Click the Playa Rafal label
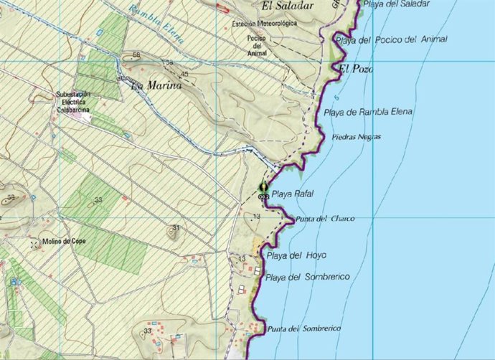pos(293,194)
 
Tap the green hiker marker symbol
pos(263,189)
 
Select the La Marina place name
pos(156,85)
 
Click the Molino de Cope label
pos(64,241)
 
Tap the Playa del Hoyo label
pos(296,255)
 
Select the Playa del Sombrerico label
pos(307,277)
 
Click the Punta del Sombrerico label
pos(303,328)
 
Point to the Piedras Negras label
pos(357,137)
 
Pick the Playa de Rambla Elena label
pos(368,113)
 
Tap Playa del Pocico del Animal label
pos(401,40)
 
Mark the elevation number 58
pos(136,55)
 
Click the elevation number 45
pos(184,74)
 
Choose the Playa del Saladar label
pos(397,4)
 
